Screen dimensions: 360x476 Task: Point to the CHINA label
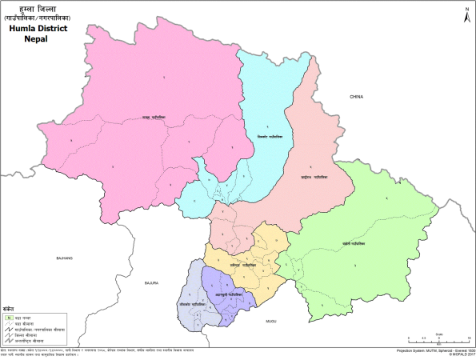point(356,97)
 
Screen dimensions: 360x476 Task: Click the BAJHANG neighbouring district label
point(63,258)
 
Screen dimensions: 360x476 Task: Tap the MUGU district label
point(271,321)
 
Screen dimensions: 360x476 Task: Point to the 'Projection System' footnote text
point(425,350)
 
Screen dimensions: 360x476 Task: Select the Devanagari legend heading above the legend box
point(9,307)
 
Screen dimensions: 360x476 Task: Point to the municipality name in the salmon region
point(314,176)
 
